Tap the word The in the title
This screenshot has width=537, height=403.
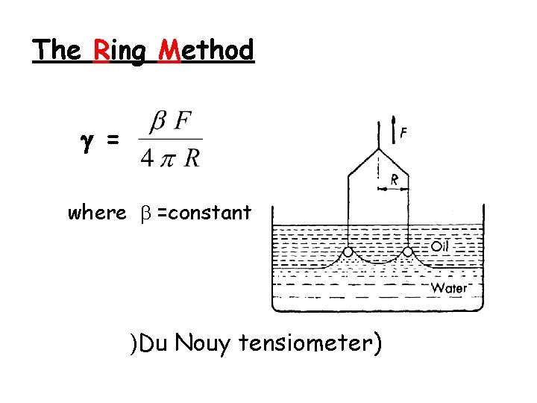pos(57,50)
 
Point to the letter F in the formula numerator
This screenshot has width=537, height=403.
pos(183,121)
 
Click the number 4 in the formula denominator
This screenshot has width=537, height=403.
pos(147,159)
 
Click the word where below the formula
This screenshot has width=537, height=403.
pos(97,213)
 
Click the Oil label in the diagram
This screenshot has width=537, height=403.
pos(441,245)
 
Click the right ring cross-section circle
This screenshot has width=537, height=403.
pos(408,252)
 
